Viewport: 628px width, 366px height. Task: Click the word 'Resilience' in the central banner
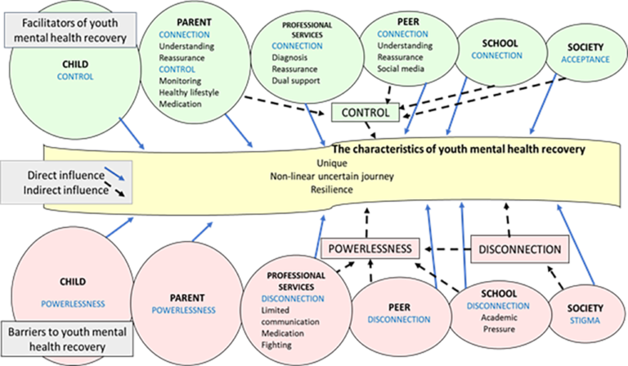[x=331, y=190]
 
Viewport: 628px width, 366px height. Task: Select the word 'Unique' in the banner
[x=331, y=163]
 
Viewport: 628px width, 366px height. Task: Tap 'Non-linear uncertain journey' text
[x=331, y=176]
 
